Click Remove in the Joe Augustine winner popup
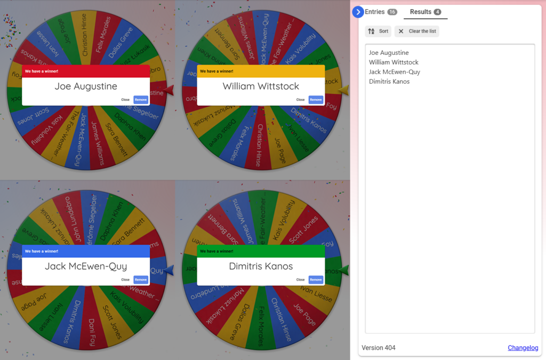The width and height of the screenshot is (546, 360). coord(141,100)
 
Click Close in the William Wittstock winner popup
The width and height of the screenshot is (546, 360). coord(300,100)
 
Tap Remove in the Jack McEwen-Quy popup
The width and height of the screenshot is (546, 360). coord(141,279)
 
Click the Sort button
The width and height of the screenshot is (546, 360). coord(378,31)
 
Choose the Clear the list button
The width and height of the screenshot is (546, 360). coord(417,31)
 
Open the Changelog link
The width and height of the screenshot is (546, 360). coord(523,348)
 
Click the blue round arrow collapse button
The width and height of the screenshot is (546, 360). coord(358,12)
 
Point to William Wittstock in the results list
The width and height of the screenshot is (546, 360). coord(394,62)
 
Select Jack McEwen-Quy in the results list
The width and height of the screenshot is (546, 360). coord(395,72)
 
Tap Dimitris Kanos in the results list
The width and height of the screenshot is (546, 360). coord(389,82)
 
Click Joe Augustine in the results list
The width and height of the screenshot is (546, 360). coord(389,53)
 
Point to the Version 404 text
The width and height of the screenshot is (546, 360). coord(379,348)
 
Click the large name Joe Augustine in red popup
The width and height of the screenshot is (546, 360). coord(86,86)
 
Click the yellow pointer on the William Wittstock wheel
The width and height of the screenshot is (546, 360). coord(343,90)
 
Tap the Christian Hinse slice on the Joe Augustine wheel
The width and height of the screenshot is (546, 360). coord(84,35)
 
